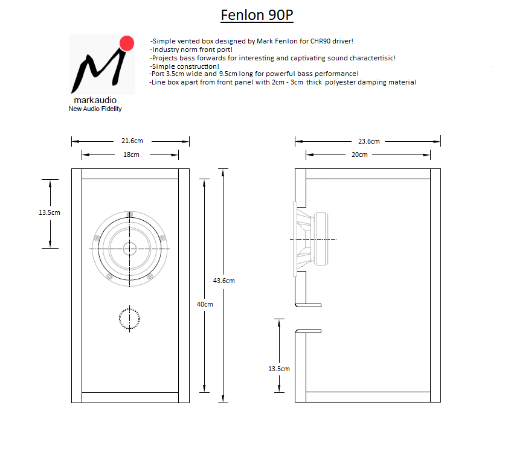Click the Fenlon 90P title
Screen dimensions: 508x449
pos(257,15)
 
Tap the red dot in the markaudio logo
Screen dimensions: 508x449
pos(127,43)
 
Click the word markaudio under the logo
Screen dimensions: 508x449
pos(95,100)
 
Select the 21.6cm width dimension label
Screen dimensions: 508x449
pos(132,141)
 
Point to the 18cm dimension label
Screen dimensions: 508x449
pos(131,154)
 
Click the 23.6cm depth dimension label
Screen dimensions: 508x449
pos(369,141)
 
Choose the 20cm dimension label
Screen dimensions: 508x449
pos(359,154)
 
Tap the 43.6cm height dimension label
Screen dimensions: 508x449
pos(224,281)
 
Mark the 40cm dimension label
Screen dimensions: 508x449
pos(205,304)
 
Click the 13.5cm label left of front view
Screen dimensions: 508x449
pos(50,212)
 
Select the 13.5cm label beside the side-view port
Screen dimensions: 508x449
pos(279,369)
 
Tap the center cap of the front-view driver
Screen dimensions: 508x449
pos(130,249)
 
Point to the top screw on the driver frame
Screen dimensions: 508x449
pos(130,214)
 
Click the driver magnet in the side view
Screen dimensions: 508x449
pos(321,239)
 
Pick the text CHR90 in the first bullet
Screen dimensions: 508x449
pos(320,41)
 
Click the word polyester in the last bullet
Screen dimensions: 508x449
pos(340,82)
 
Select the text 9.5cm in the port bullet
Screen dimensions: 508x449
pos(228,74)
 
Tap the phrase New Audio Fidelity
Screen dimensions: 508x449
pos(95,109)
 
